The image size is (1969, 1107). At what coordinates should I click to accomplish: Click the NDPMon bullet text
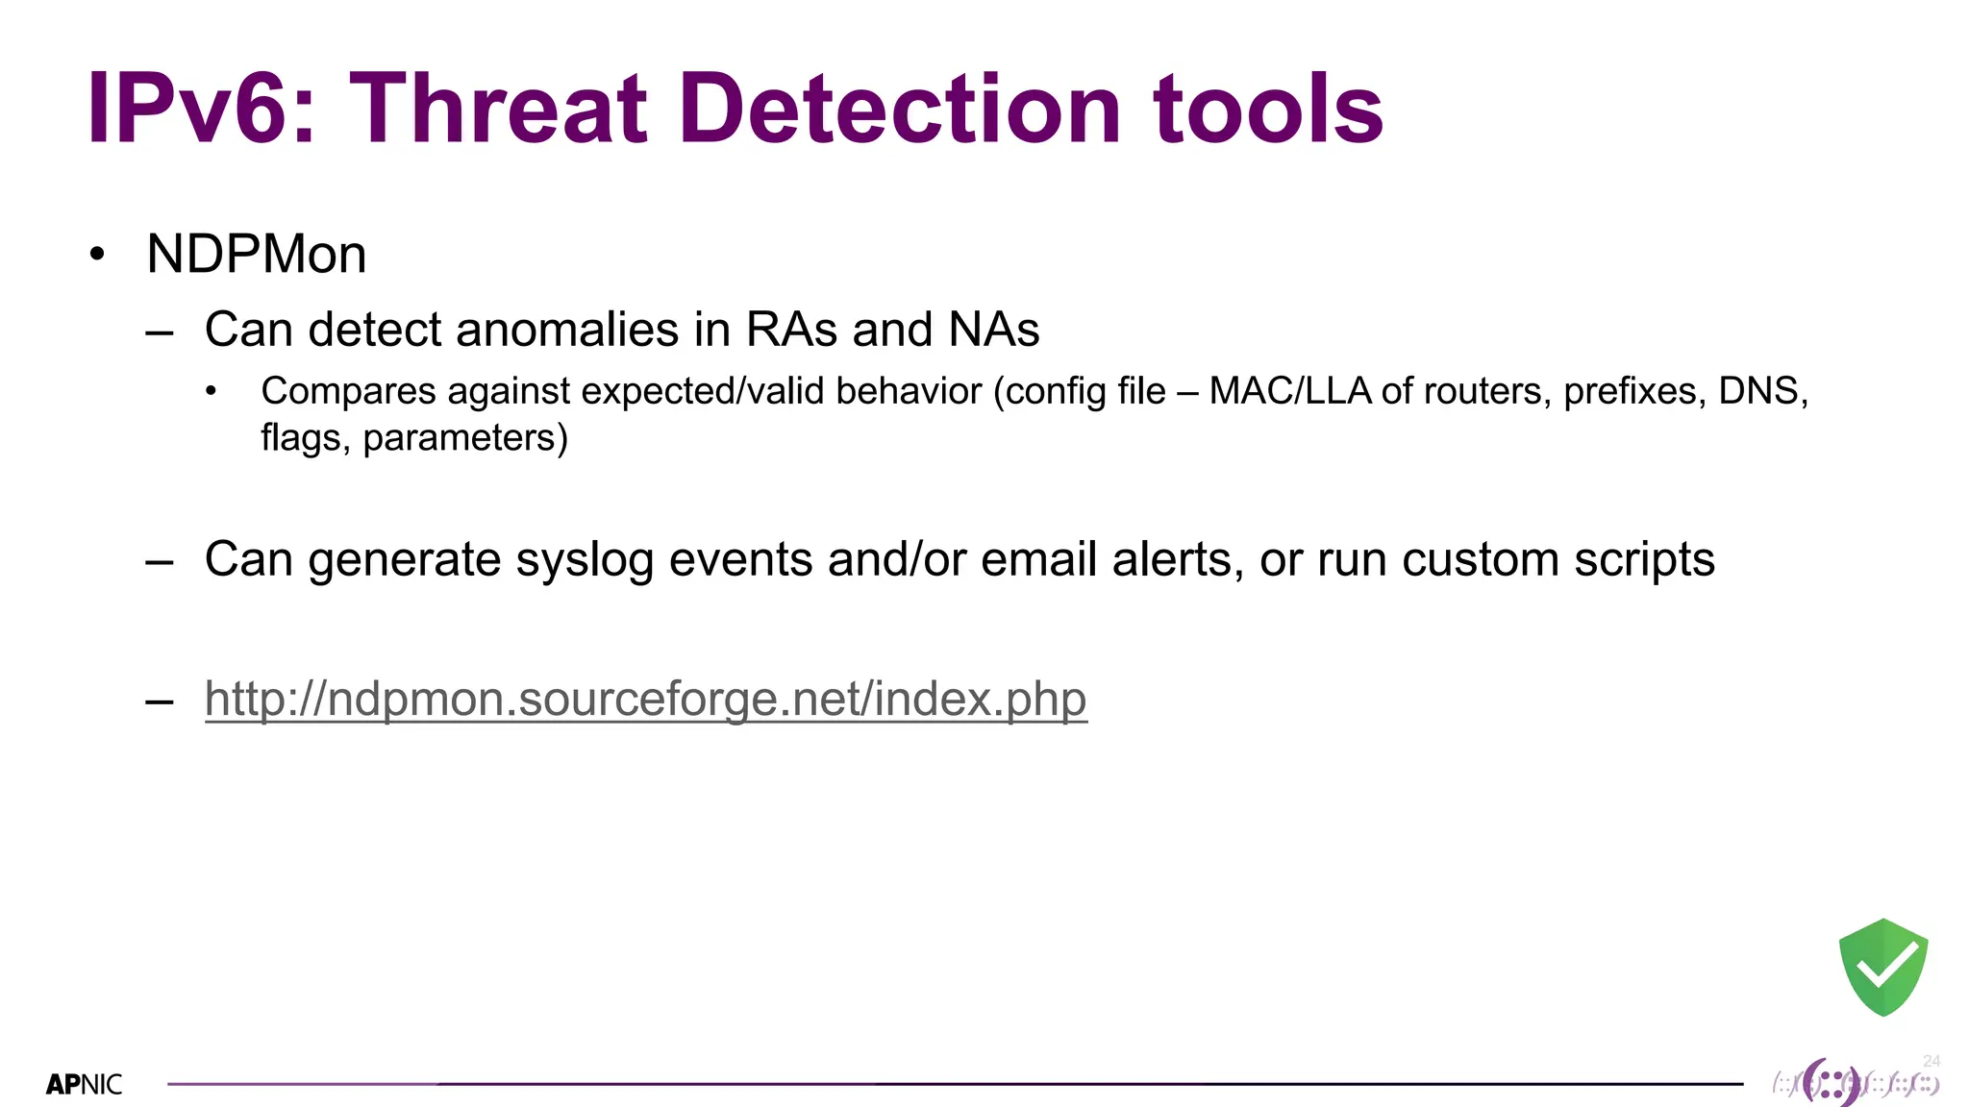tap(256, 255)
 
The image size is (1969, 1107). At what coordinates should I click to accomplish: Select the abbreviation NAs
tap(993, 330)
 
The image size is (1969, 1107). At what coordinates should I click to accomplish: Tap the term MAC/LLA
tap(1289, 391)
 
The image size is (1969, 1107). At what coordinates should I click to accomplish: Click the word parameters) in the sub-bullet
tap(465, 438)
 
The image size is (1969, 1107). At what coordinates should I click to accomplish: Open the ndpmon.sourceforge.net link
tap(645, 699)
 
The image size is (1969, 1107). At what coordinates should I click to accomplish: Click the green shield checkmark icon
tap(1882, 967)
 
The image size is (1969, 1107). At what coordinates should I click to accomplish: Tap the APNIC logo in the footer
tap(85, 1085)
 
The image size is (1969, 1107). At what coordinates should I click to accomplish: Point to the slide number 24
tap(1932, 1061)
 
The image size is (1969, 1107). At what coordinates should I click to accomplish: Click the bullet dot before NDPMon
tap(96, 255)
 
